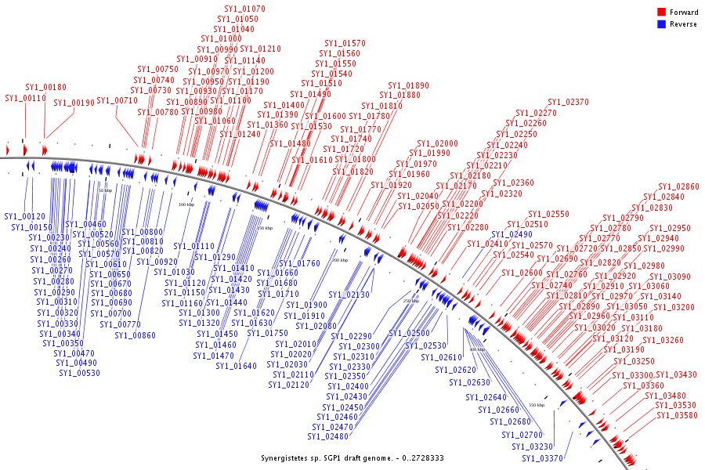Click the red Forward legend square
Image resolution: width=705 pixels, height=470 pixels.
[x=661, y=13]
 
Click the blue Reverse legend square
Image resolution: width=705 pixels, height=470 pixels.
[x=661, y=24]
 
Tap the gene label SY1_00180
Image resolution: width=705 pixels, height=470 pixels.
[x=45, y=88]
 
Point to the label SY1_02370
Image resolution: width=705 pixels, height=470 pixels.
[x=568, y=103]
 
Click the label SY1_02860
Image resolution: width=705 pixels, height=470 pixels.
[x=678, y=187]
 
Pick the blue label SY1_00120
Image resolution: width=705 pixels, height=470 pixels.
[x=24, y=216]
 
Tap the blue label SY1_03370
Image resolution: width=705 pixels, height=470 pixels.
[x=542, y=458]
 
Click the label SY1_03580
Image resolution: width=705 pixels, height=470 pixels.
[x=677, y=416]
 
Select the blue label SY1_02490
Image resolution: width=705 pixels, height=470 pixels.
[x=512, y=235]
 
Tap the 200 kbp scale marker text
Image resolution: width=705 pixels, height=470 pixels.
[x=339, y=260]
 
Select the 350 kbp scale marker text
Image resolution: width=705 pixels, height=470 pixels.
[x=537, y=405]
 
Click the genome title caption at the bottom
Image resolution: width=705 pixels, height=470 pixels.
[x=352, y=458]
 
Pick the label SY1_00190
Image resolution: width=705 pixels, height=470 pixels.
[x=74, y=103]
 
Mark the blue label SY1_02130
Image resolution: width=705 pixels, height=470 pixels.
[x=349, y=295]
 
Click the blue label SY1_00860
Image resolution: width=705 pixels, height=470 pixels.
[x=135, y=335]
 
